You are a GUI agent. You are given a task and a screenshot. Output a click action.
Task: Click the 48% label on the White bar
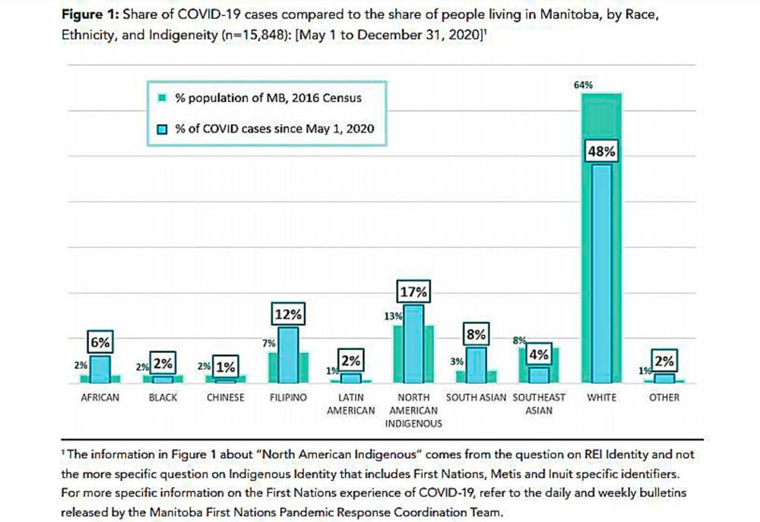pos(601,152)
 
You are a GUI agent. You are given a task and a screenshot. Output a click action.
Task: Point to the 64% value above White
pos(584,84)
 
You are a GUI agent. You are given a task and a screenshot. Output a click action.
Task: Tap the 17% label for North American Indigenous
pos(413,291)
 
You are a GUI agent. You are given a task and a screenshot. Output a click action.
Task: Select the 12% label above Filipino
pos(288,314)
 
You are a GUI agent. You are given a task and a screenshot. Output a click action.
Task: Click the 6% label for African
pos(100,343)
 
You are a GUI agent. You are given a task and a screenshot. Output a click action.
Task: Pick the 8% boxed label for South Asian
pos(477,334)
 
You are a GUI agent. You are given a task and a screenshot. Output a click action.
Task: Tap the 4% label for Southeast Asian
pos(539,355)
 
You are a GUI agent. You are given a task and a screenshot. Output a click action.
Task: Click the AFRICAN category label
pos(100,397)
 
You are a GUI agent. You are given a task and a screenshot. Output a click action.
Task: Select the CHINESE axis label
pos(226,397)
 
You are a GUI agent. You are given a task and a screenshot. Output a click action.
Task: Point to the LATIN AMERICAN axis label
pos(351,404)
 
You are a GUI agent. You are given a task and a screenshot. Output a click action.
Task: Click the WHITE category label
pos(601,397)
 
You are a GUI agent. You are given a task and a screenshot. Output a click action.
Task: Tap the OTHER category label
pos(664,397)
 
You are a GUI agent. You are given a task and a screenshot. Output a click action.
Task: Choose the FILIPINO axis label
pos(288,397)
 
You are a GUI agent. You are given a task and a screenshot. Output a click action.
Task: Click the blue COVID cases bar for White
pos(601,274)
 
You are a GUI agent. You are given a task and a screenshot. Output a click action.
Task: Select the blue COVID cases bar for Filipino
pos(288,355)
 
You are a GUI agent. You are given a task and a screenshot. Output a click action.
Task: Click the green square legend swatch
pos(162,98)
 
